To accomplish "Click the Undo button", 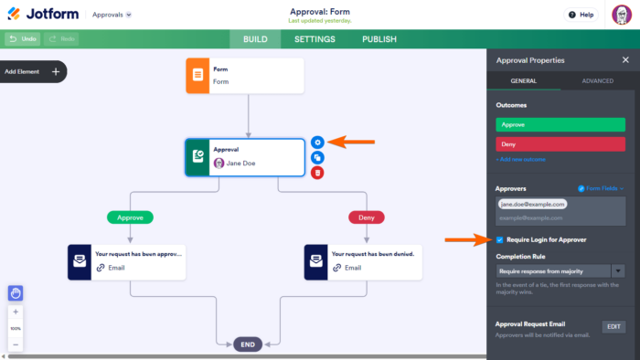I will [22, 39].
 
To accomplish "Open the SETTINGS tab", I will [315, 39].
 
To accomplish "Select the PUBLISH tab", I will [379, 39].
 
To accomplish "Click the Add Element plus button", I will [55, 71].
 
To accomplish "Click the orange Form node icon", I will [198, 76].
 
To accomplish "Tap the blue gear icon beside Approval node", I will [317, 142].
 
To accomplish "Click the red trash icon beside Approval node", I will [317, 172].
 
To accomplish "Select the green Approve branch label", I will [130, 217].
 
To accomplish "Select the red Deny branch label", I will [366, 217].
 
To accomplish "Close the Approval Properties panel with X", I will [624, 60].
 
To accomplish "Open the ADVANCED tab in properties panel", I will [597, 82].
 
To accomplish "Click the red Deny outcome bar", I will [560, 144].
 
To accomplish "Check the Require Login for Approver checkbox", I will [499, 239].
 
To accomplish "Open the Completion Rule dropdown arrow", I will [618, 270].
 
